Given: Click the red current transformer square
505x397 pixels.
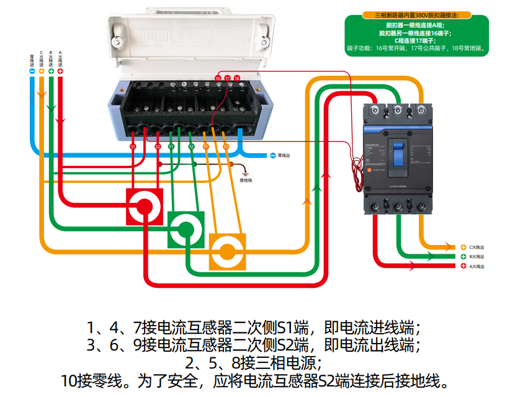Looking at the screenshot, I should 145,207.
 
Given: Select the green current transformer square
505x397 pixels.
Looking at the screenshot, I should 185,229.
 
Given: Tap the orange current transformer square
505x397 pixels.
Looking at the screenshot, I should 227,251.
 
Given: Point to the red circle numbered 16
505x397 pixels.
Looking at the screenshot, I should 218,78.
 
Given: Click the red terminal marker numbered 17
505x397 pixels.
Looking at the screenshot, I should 227,78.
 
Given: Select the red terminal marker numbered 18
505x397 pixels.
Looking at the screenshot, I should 236,78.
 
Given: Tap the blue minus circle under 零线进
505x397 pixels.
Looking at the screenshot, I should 32,71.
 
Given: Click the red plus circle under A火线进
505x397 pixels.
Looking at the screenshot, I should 60,71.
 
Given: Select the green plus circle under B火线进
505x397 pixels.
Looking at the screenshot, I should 51,71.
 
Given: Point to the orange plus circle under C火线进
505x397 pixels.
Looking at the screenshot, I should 41,71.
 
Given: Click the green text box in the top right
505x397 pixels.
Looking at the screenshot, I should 417,36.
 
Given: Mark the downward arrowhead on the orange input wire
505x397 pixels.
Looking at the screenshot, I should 41,94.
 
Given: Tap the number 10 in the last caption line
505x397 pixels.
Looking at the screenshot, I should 69,380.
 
